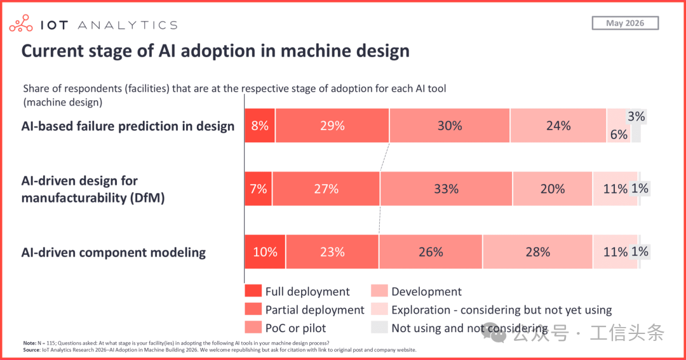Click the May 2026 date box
(x=625, y=23)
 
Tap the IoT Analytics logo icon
(x=21, y=23)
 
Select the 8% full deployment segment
(x=260, y=126)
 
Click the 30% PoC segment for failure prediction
(x=450, y=126)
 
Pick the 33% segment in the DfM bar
(x=447, y=189)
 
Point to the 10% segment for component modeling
(x=265, y=251)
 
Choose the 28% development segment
(x=538, y=251)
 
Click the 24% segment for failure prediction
(x=558, y=126)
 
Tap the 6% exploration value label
(x=619, y=135)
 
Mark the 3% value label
(x=636, y=116)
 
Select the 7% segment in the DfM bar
(x=259, y=189)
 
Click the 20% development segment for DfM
(x=553, y=189)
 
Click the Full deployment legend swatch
(x=253, y=291)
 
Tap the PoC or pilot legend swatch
(x=253, y=327)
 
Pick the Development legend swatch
(x=379, y=291)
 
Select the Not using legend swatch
(x=379, y=327)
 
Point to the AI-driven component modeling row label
(x=113, y=253)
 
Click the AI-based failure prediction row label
(x=128, y=126)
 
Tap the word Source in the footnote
(x=32, y=350)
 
